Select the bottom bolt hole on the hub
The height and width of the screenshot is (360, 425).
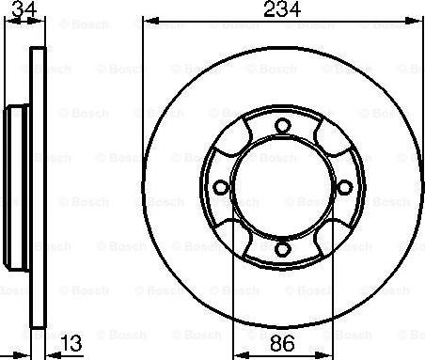[x=282, y=248]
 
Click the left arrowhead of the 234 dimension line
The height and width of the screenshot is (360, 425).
[x=147, y=21]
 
